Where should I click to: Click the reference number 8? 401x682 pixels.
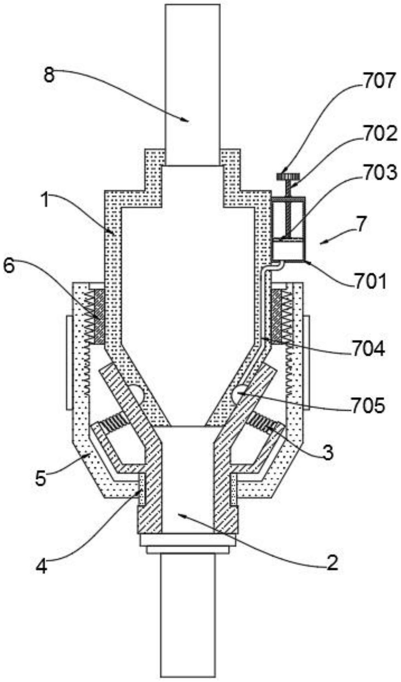(x=50, y=75)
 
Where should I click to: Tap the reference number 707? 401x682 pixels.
(x=378, y=81)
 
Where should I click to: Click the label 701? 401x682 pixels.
(x=369, y=281)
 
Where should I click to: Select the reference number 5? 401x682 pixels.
(x=41, y=479)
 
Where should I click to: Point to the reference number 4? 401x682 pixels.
(x=41, y=567)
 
